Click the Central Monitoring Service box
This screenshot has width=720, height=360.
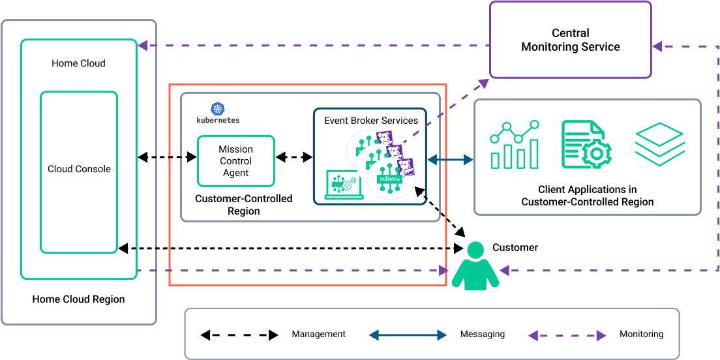(571, 40)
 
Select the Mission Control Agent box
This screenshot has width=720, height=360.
(235, 161)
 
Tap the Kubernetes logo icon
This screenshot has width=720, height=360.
(217, 110)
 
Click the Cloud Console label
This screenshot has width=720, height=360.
(79, 169)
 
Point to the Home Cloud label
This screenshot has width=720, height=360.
(78, 63)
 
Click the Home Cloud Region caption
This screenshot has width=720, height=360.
(78, 299)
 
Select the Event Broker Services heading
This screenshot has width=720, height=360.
(371, 121)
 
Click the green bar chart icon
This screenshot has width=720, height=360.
(515, 144)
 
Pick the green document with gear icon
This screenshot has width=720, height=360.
(586, 145)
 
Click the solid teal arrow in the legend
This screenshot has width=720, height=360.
(408, 335)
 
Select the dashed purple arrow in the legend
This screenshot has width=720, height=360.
(567, 336)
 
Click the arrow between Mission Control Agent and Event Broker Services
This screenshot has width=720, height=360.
(293, 158)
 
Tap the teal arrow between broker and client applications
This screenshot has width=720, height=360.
(451, 159)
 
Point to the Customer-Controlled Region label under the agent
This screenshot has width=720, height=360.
(244, 205)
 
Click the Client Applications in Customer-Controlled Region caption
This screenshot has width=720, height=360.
(587, 196)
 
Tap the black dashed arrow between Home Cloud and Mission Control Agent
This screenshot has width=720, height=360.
(167, 157)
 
